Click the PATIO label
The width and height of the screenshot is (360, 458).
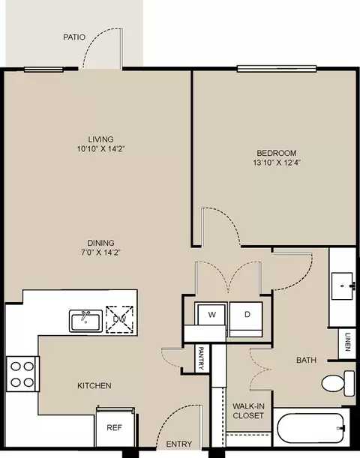[x=74, y=37]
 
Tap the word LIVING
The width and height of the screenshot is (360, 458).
[x=100, y=139]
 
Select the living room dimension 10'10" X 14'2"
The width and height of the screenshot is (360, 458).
[x=100, y=149]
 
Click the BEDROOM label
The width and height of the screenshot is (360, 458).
[x=277, y=153]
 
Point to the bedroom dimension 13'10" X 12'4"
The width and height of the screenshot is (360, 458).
[x=277, y=163]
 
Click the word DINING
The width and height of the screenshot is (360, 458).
[x=100, y=243]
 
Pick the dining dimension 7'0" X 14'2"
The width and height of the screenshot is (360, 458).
[x=100, y=253]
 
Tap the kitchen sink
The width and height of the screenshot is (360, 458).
[x=86, y=321]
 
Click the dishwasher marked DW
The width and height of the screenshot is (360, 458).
[x=119, y=319]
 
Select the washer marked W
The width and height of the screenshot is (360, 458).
[x=211, y=314]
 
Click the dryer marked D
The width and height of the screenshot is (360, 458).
[x=246, y=319]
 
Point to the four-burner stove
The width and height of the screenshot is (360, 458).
[x=22, y=374]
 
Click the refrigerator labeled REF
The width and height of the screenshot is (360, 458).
[x=115, y=427]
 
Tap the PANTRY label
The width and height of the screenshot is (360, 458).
[x=201, y=358]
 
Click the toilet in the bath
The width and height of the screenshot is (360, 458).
[x=338, y=383]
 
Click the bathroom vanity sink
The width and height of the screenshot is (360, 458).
[x=342, y=286]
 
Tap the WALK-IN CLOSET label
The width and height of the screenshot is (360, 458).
[x=248, y=411]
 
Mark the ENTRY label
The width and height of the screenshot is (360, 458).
[x=179, y=445]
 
